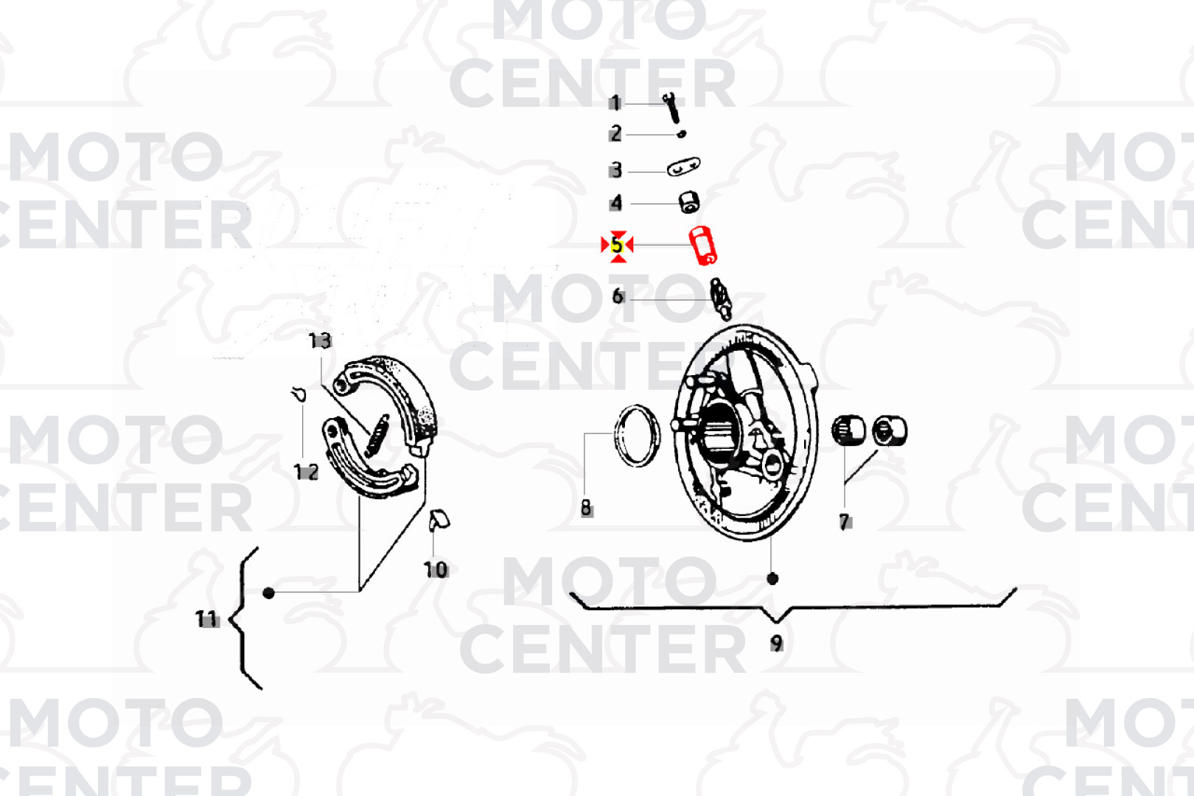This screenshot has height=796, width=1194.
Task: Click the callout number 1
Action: tap(615, 103)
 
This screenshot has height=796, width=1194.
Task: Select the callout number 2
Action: tap(615, 133)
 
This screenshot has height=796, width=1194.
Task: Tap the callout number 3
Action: tap(616, 170)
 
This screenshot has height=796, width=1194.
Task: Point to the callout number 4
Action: tap(616, 203)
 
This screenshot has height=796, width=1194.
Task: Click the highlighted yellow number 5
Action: tap(617, 245)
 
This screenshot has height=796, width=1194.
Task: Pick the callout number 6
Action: tap(618, 296)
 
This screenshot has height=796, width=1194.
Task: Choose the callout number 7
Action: tap(845, 522)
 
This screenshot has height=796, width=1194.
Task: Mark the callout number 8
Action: tap(586, 507)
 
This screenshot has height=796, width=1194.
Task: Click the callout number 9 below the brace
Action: tap(776, 643)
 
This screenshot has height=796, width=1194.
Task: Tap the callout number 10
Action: tap(435, 569)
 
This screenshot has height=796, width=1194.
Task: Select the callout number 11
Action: tap(207, 618)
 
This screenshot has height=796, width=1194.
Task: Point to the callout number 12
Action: tap(306, 472)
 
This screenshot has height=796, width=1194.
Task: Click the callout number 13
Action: tap(320, 341)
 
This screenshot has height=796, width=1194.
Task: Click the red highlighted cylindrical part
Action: tap(702, 245)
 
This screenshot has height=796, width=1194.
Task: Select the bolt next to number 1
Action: tap(671, 108)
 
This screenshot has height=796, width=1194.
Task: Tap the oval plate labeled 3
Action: tap(683, 167)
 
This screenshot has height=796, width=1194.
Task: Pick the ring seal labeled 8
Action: tap(638, 436)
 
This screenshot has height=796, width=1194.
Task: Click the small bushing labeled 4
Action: tap(688, 201)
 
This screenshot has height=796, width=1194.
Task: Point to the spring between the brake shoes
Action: tap(376, 435)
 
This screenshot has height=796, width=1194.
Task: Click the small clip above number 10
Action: tap(439, 520)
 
